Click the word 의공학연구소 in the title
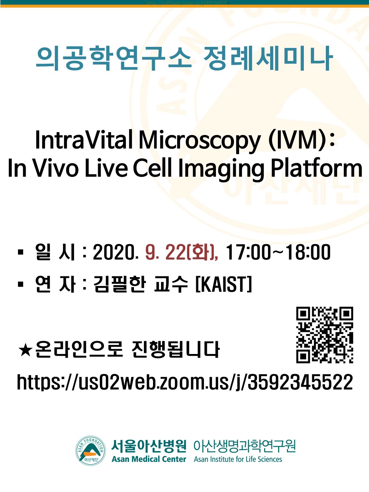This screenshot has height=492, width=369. [114, 58]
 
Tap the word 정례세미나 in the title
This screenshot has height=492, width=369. [268, 58]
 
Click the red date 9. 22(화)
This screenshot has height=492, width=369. [182, 253]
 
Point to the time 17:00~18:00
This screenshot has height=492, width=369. [278, 252]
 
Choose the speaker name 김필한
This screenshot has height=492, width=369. [120, 284]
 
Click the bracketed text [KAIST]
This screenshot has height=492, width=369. [224, 284]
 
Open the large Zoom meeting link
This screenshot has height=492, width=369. [185, 382]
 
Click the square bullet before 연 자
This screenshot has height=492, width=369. [20, 284]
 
